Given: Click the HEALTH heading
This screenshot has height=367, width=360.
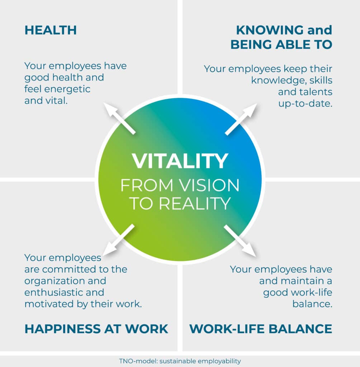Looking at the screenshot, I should tap(51, 30).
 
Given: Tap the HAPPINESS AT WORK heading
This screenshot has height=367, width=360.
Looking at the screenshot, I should tap(96, 329).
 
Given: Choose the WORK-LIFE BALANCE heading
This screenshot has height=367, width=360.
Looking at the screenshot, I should tap(261, 329).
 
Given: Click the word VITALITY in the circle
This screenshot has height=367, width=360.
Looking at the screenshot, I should tap(180, 161).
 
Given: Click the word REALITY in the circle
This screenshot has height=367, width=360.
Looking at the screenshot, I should tap(194, 204).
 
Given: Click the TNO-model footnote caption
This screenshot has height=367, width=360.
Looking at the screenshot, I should tap(180, 361).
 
